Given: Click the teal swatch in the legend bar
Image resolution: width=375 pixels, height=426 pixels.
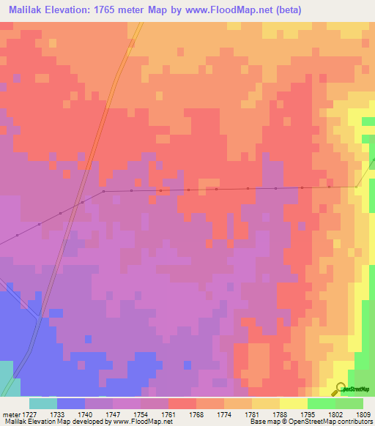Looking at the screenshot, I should tap(43, 403).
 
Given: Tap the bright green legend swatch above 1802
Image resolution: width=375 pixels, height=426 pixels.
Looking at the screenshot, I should tap(321, 403).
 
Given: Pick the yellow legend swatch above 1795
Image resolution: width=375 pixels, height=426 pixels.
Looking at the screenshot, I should tap(293, 403).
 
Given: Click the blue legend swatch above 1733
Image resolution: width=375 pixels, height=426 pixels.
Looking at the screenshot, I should tap(71, 403).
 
